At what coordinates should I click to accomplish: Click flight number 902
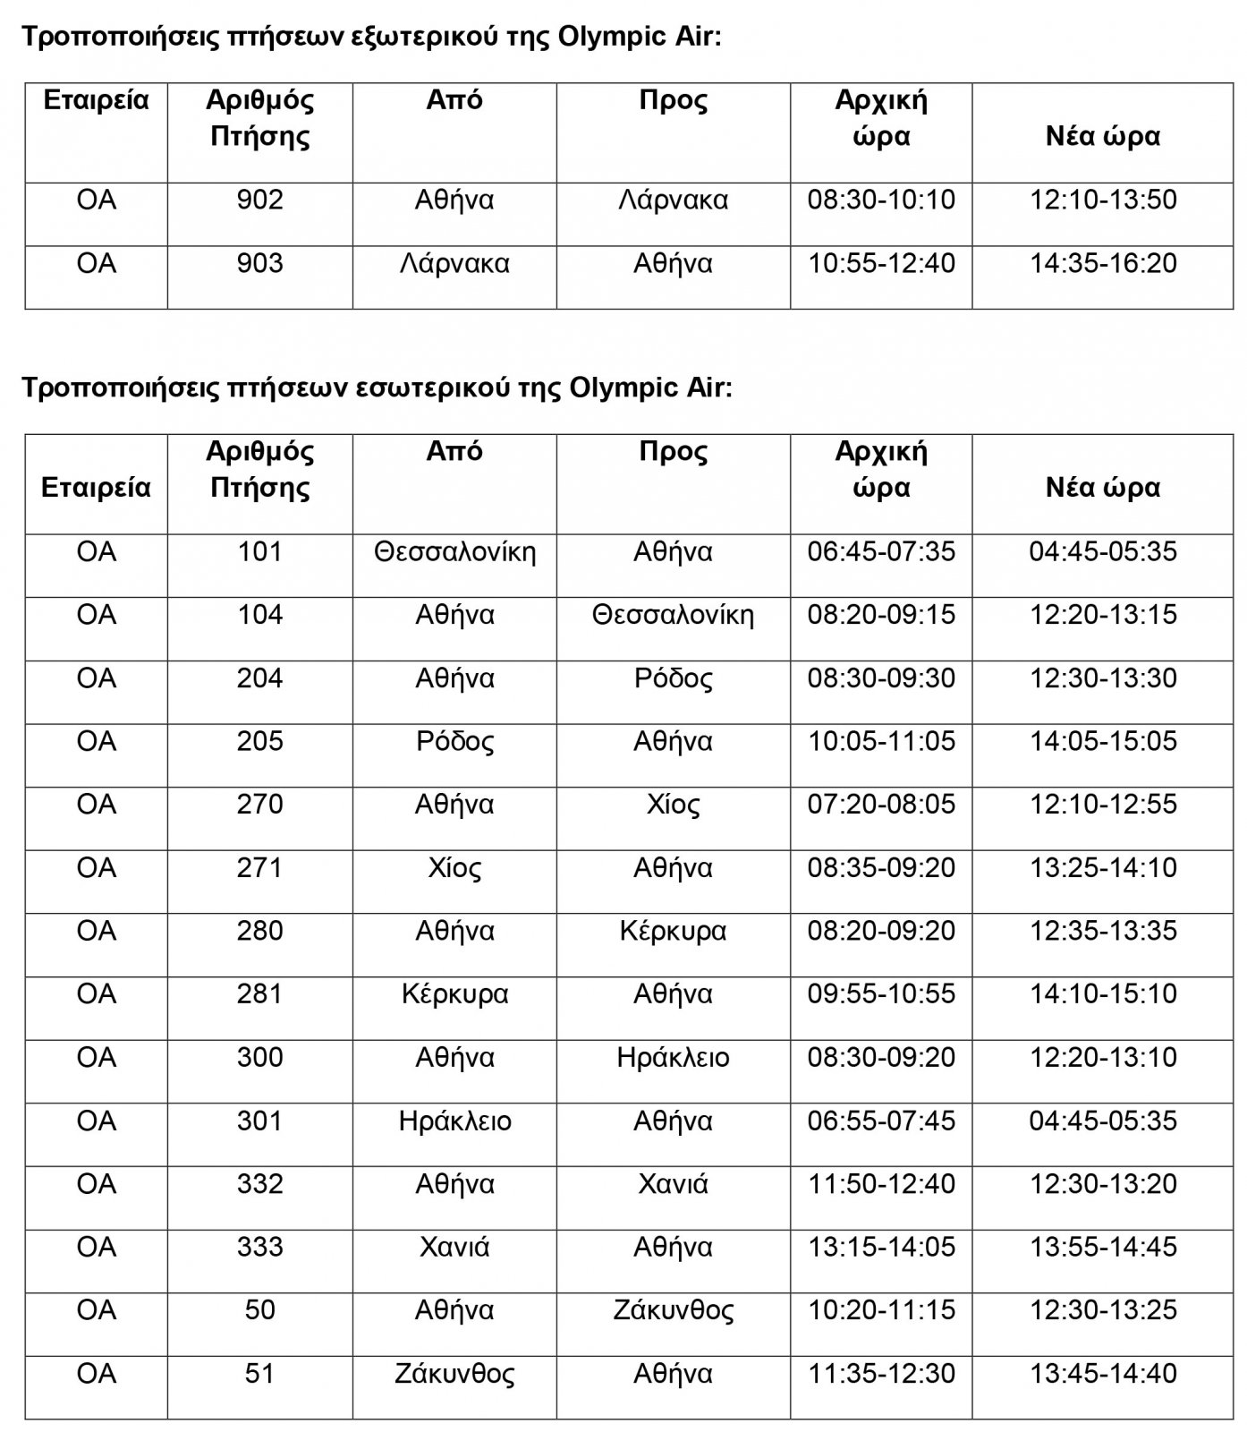(x=259, y=200)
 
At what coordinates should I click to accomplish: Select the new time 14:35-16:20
(x=1102, y=263)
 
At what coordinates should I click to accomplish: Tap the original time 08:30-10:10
(x=881, y=200)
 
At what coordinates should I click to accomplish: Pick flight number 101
(x=259, y=551)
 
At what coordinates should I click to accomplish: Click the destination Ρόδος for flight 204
(x=673, y=678)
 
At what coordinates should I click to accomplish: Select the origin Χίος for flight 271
(x=454, y=868)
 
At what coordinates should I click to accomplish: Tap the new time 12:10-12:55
(x=1102, y=805)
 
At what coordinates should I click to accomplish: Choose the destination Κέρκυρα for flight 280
(x=673, y=932)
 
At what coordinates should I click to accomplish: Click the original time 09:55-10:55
(x=881, y=994)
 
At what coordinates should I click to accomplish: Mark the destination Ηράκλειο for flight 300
(x=673, y=1058)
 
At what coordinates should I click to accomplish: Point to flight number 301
(x=259, y=1121)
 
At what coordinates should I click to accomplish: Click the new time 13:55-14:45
(x=1102, y=1248)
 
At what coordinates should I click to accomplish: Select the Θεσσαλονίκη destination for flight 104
(x=673, y=615)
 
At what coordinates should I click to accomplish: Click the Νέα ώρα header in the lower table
(x=1102, y=487)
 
